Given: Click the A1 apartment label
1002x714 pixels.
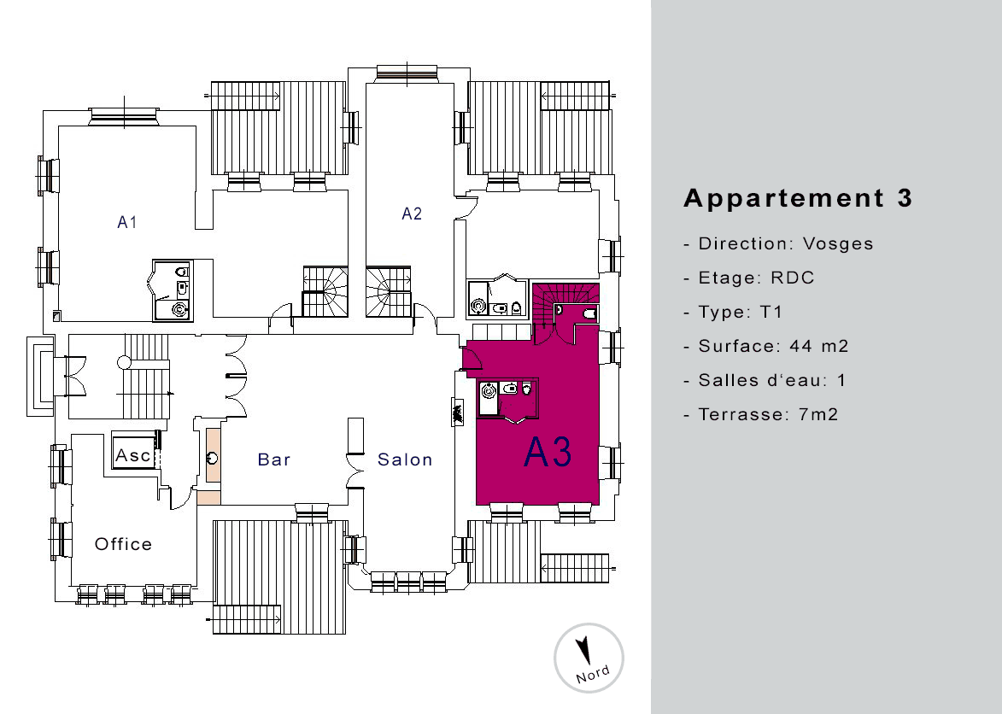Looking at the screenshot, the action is [127, 222].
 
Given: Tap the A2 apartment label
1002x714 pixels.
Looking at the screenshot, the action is [412, 214].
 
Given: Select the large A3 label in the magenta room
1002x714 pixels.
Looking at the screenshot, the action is [548, 452].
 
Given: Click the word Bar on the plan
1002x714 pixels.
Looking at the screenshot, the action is [274, 459].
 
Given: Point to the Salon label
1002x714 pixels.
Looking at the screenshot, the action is [405, 459].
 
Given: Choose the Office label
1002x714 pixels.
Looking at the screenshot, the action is [123, 544].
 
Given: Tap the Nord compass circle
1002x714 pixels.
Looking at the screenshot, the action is [589, 658].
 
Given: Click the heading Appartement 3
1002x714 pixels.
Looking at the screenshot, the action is [798, 198].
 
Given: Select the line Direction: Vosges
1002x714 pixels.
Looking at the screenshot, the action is [778, 244].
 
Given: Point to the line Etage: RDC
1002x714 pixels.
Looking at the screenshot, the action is [749, 278].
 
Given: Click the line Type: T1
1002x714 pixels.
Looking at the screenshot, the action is [733, 313].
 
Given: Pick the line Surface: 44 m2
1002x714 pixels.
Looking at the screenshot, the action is [765, 346].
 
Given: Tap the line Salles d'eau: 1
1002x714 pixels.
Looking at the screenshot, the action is [765, 381].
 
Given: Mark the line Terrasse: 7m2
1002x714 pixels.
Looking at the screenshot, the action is [760, 414].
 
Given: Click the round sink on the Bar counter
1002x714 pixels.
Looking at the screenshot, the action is [213, 458].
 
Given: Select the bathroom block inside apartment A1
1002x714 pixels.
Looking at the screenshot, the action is [173, 290].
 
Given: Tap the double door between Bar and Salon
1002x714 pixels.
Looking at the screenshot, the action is [355, 471].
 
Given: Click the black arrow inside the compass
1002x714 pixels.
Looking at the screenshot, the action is [583, 650].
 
